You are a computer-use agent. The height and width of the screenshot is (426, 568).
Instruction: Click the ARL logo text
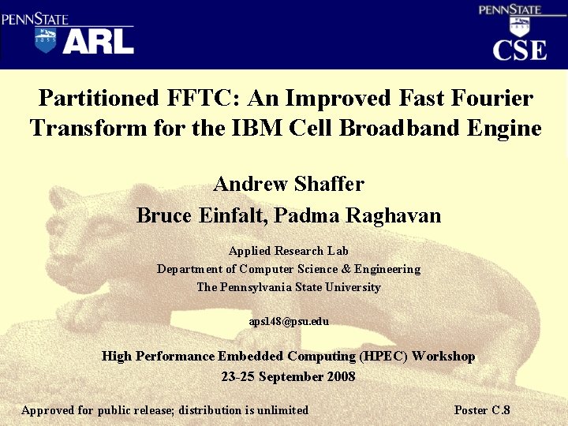tap(98, 41)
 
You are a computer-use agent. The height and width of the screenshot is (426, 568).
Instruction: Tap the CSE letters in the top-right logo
tap(519, 50)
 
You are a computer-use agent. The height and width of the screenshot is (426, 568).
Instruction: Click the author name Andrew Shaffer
tap(289, 185)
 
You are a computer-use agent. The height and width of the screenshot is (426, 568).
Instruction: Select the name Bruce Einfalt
tap(189, 215)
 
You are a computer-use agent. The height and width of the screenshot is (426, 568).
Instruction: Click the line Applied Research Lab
tap(289, 251)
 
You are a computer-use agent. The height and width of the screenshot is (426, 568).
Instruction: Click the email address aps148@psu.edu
tap(289, 322)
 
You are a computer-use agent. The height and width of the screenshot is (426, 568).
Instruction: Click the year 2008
tap(340, 376)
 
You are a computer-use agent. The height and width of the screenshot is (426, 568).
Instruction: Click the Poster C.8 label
tap(482, 410)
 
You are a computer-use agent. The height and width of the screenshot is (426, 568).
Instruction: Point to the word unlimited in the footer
tap(282, 410)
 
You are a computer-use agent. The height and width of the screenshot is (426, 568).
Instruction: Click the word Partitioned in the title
tap(98, 99)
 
